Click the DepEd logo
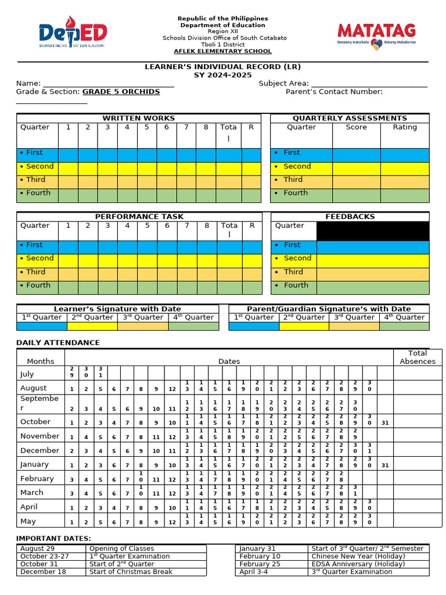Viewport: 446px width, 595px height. point(73,34)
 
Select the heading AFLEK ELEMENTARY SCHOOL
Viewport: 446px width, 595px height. point(222,51)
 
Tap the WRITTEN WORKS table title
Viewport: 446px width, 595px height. point(138,118)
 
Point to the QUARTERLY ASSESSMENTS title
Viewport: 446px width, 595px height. point(350,118)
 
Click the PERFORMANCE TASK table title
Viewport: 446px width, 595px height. point(138,216)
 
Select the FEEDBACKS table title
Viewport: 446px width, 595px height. point(350,216)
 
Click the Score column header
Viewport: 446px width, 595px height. point(356,127)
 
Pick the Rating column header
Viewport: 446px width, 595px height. point(404,127)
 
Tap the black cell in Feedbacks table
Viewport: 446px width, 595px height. point(372,231)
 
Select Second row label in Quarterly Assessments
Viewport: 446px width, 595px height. point(297,166)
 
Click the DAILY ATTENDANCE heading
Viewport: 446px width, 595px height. point(58,343)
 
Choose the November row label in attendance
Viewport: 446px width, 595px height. point(39,436)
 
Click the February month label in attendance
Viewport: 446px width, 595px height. point(37,479)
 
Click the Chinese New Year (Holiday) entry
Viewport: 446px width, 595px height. point(350,556)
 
